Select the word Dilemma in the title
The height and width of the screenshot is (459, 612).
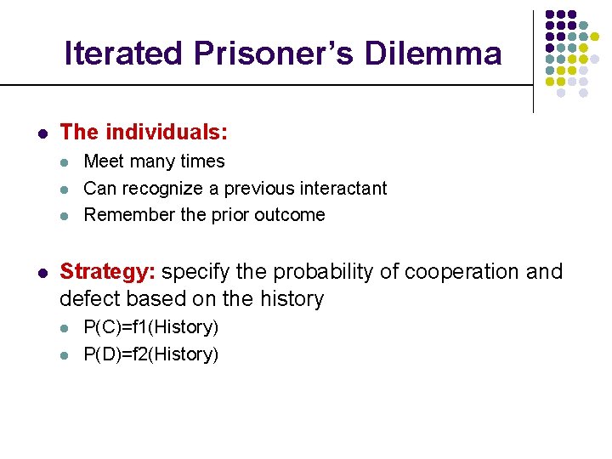433,54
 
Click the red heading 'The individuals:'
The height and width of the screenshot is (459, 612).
144,133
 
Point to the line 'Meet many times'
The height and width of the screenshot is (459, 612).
154,161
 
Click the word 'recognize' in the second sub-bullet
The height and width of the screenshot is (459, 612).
161,189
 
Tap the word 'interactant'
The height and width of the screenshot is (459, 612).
343,189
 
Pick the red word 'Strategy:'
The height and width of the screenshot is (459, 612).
108,272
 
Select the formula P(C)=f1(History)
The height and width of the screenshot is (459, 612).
150,327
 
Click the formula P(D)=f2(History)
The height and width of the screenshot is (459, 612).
150,354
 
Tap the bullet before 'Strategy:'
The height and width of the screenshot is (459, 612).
41,273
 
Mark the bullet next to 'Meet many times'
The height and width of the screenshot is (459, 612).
66,162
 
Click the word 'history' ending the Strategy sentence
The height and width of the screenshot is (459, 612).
293,299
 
